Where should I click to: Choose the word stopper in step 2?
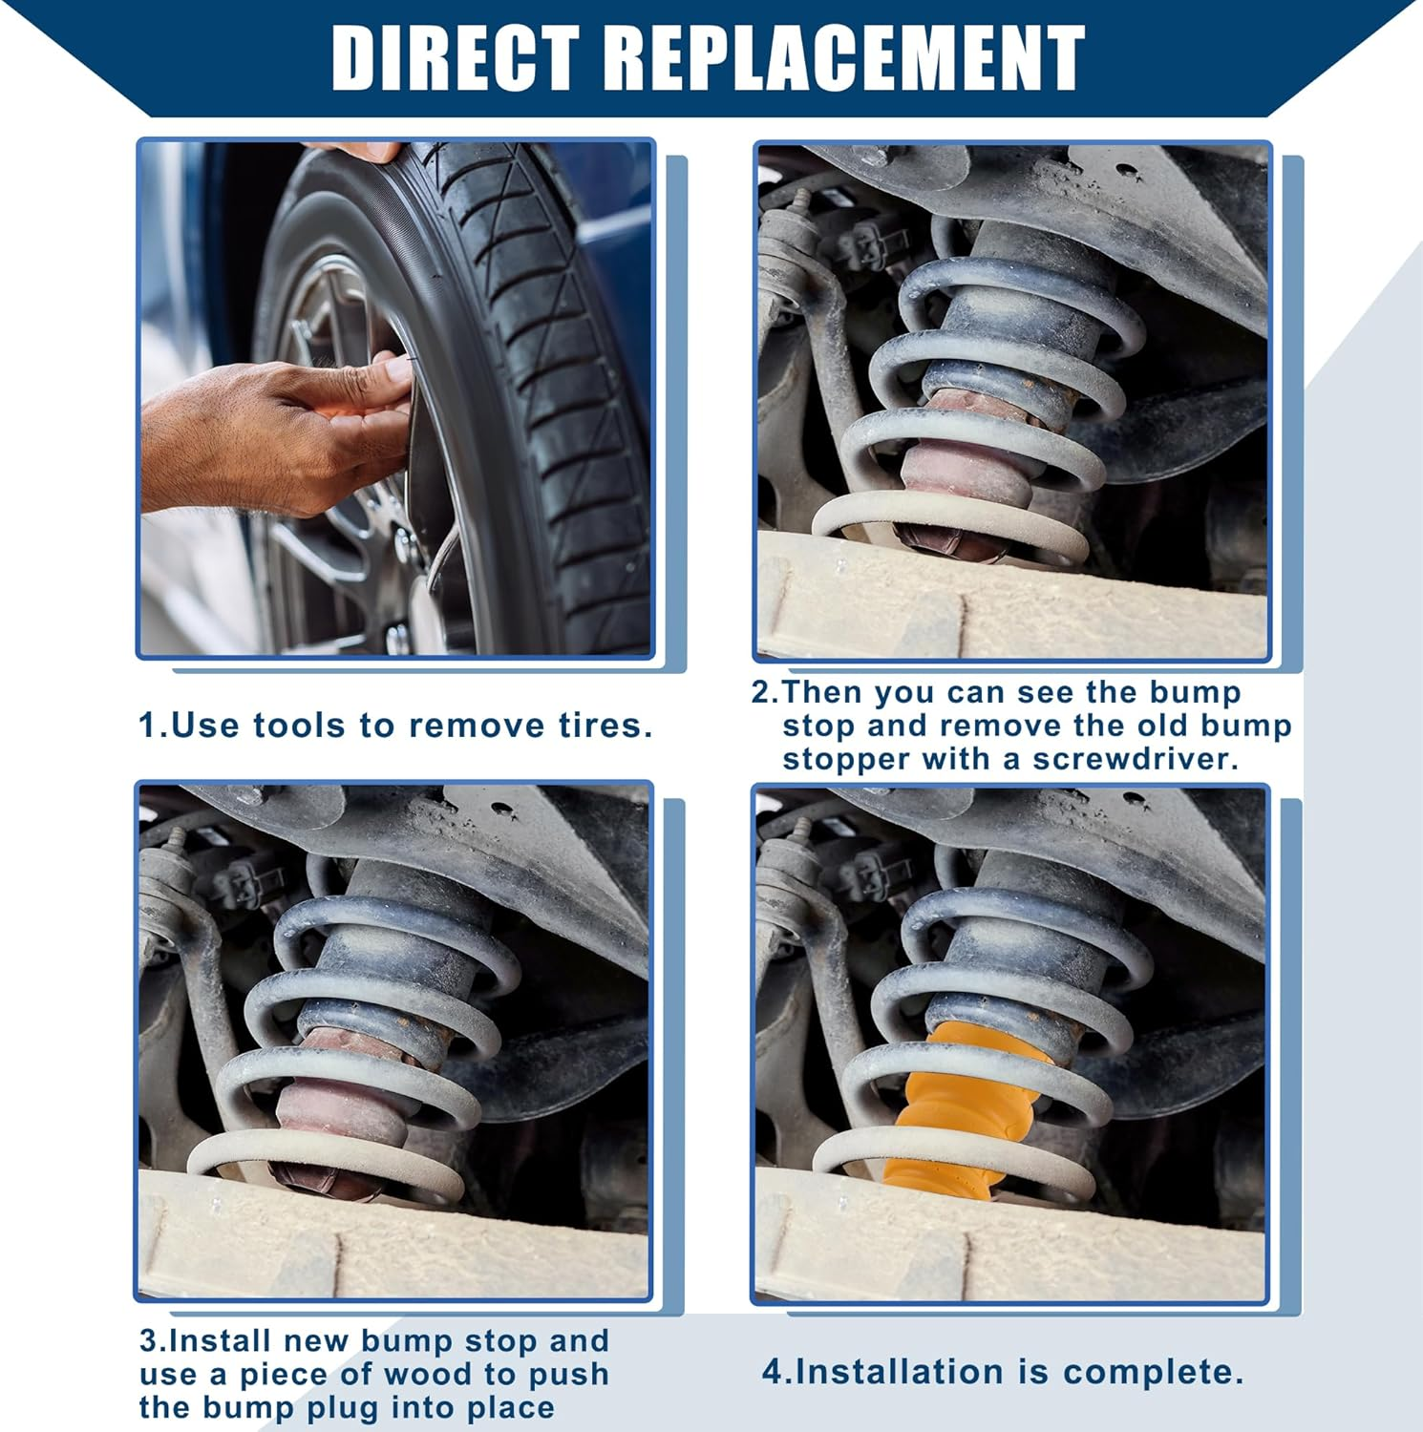click(846, 760)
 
